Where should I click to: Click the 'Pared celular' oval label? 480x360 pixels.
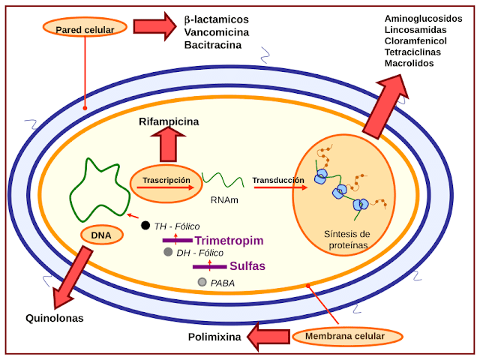[84, 29]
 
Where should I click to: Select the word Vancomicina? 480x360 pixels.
[217, 31]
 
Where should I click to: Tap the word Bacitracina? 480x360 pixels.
[213, 45]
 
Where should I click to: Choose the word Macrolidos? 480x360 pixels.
[409, 64]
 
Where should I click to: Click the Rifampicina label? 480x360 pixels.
[169, 121]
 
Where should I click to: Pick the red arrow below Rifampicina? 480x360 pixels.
[168, 144]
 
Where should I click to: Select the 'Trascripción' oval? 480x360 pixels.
[166, 181]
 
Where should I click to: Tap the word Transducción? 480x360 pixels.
[278, 180]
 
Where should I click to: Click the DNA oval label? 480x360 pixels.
[101, 235]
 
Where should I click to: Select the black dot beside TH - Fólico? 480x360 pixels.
[145, 226]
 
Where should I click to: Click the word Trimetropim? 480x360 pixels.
[229, 241]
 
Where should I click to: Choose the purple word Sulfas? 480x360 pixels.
[247, 266]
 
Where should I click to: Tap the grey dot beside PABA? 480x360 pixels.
[202, 282]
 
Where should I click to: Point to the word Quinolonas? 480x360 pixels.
[54, 318]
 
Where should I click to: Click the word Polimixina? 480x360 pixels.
[214, 337]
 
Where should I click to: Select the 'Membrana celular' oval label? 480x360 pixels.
[349, 336]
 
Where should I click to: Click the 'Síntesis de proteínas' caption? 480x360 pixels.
[342, 239]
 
